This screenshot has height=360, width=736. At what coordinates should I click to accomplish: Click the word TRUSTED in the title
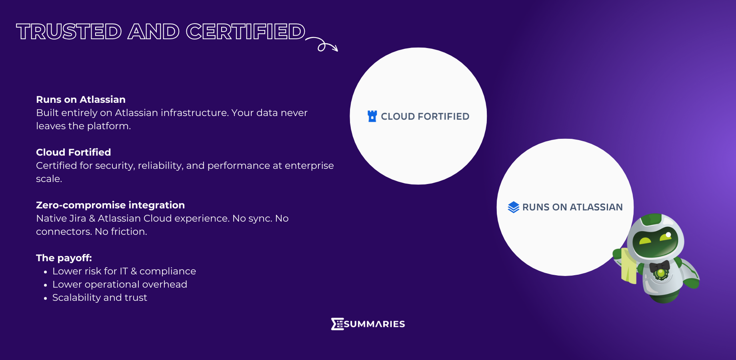point(69,32)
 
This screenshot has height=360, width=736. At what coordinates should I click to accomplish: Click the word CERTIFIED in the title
point(246,32)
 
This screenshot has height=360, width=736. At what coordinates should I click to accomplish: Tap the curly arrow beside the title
point(322,44)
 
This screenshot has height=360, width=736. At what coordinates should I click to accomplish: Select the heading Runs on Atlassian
point(81,100)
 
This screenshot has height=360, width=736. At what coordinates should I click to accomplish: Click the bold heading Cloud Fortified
point(74,152)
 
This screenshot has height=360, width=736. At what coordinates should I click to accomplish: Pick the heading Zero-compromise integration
point(110,205)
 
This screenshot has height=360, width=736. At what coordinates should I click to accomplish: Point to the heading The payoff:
point(64,258)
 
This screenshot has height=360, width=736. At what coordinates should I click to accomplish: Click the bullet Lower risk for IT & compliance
point(124,271)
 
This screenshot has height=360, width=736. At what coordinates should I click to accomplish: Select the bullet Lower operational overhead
point(120,284)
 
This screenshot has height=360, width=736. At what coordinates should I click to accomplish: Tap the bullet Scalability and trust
point(100,298)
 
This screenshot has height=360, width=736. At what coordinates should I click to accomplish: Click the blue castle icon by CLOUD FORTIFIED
point(372,116)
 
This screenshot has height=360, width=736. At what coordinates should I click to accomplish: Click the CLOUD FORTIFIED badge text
point(425,116)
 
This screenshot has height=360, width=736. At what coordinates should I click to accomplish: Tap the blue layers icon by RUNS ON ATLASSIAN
point(514,207)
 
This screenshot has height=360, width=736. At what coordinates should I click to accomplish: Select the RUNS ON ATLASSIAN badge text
point(572,207)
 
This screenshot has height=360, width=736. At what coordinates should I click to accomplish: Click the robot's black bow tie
point(660,266)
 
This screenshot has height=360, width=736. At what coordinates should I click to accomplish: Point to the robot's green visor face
point(655,242)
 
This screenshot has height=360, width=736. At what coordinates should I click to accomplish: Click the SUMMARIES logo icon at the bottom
point(337,324)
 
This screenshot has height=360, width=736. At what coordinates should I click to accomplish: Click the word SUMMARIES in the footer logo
point(374,324)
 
